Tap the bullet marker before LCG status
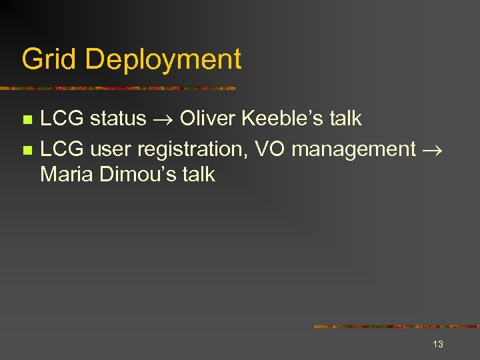[27, 119]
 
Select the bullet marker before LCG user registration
[27, 150]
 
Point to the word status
[117, 119]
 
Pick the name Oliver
[207, 119]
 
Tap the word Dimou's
[137, 175]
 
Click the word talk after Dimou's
[198, 175]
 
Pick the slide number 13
[438, 344]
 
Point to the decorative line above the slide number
[397, 327]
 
